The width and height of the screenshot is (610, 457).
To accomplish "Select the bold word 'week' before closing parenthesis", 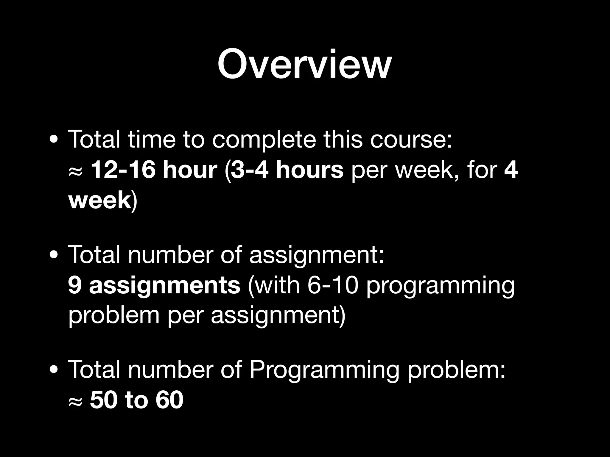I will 99,200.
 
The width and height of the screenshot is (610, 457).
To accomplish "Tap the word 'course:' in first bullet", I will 411,140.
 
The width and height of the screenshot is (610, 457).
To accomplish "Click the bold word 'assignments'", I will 164,285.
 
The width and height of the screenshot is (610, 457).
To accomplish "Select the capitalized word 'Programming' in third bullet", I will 324,370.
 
